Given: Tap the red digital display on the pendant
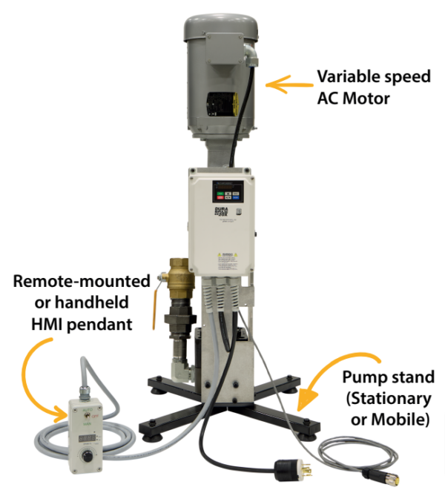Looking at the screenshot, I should [88, 429].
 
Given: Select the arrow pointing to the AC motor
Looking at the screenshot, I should [288, 86].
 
